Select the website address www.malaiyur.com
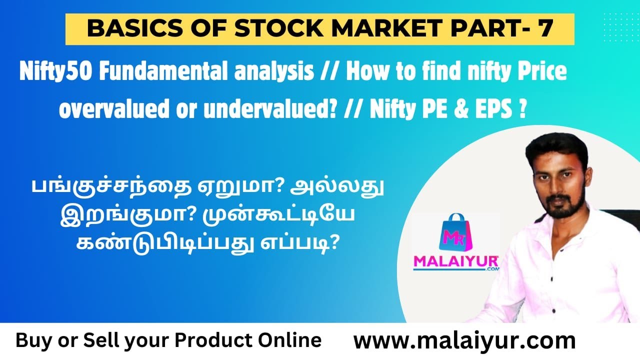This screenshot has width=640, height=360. (464, 341)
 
